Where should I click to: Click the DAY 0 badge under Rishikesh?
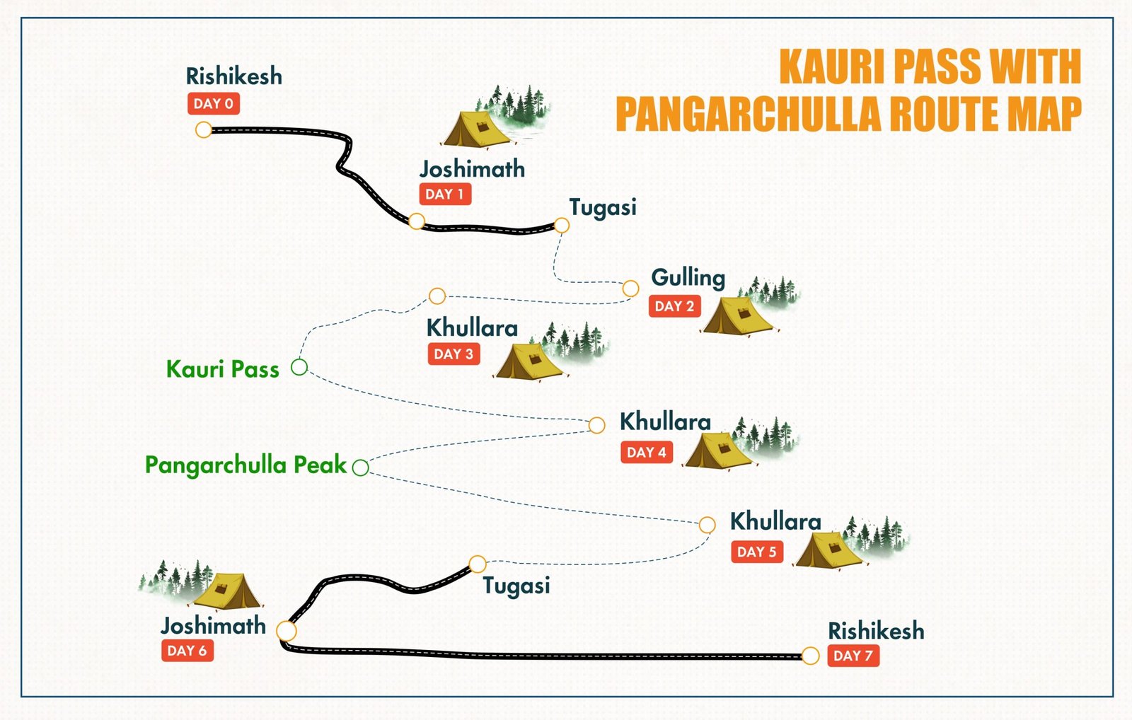point(213,104)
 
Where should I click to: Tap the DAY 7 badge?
point(853,656)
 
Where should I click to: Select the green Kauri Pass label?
point(222,368)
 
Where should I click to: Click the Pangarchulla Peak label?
point(246,465)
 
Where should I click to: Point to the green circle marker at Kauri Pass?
point(299,367)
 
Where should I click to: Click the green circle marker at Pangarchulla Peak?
point(360,468)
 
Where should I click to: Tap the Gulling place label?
point(688,278)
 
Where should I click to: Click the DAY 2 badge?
point(674,306)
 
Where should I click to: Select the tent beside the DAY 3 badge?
point(528,361)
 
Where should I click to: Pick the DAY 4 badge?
point(646,453)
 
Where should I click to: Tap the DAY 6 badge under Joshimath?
point(187,651)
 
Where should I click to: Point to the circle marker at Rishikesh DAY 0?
point(204,130)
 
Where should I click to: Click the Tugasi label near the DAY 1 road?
point(603,207)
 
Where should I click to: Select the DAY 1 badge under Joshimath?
point(444,194)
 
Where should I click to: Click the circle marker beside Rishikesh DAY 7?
point(810,656)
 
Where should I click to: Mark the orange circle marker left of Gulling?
point(630,289)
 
